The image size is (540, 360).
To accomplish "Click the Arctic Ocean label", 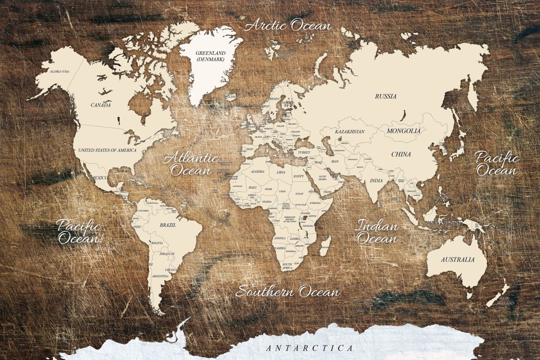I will click(288, 25).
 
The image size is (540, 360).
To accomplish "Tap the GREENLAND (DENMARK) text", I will click(211, 56).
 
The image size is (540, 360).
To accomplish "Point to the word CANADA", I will click(100, 105).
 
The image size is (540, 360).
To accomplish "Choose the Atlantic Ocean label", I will click(191, 164).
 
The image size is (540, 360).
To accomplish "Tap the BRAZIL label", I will click(167, 224).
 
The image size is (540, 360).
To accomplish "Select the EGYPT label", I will click(298, 177).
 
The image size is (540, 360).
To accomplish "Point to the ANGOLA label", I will click(280, 238).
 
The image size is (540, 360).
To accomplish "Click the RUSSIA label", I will click(386, 96).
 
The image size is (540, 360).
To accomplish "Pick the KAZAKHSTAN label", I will click(350, 131).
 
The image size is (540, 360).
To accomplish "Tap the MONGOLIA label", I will click(404, 131).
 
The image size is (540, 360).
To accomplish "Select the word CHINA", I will click(400, 154).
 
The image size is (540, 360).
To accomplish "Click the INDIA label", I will click(376, 180).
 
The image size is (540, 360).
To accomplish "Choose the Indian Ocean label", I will click(377, 232).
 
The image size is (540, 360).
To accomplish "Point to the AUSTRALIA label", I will click(457, 260).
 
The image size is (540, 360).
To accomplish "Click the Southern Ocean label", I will click(288, 292).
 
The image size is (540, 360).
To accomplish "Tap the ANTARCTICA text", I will click(309, 348).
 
